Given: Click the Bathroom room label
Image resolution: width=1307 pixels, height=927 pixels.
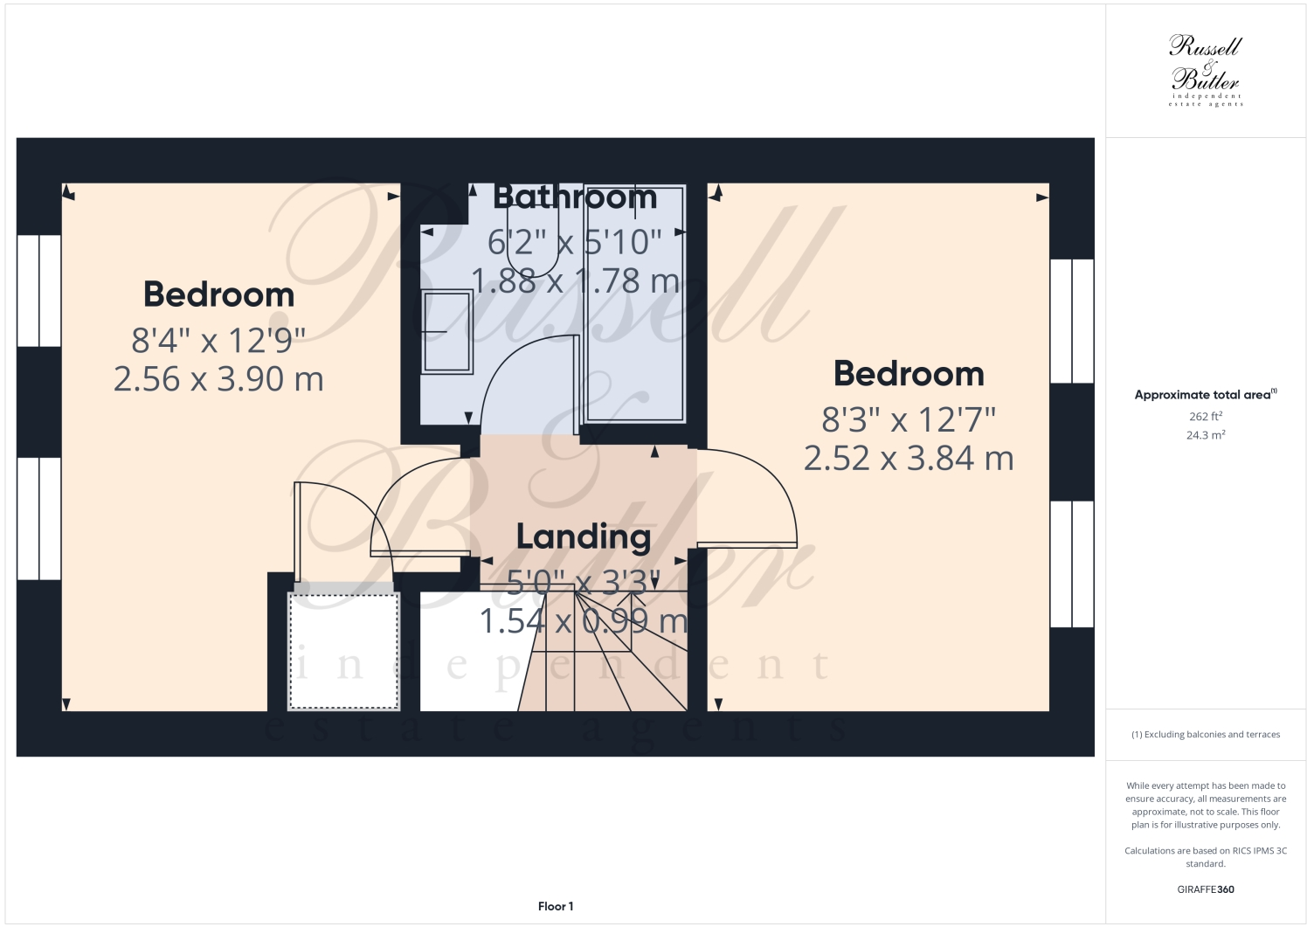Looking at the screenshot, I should pyautogui.click(x=575, y=197).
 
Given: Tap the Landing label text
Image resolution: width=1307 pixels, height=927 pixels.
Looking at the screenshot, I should pyautogui.click(x=583, y=536).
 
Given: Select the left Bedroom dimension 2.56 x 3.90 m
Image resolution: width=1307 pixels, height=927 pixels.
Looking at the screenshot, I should pyautogui.click(x=218, y=379).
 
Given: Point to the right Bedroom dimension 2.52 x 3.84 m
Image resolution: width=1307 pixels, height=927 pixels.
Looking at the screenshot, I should pyautogui.click(x=909, y=458).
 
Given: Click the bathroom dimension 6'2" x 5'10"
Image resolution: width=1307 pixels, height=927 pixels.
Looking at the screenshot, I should pyautogui.click(x=575, y=242).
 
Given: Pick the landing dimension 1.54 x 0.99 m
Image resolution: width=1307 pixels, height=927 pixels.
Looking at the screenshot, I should pyautogui.click(x=584, y=621).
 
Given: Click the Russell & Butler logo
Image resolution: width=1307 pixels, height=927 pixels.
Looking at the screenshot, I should pyautogui.click(x=1206, y=70).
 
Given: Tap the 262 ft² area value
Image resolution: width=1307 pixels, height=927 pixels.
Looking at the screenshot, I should pyautogui.click(x=1206, y=417).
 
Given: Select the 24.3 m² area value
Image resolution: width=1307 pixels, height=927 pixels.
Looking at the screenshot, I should pyautogui.click(x=1206, y=435).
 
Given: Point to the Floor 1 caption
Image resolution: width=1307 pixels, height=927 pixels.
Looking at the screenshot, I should pyautogui.click(x=556, y=906).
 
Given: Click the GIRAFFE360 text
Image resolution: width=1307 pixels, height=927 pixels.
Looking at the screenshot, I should pyautogui.click(x=1206, y=889).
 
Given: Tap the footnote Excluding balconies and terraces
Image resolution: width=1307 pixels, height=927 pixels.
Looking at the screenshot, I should pyautogui.click(x=1206, y=735).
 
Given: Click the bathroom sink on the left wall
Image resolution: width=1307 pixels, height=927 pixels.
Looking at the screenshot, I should pyautogui.click(x=446, y=331).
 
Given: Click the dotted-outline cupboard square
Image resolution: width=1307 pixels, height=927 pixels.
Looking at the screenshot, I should pyautogui.click(x=344, y=652).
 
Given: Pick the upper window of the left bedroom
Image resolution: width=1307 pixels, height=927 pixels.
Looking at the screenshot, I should pyautogui.click(x=39, y=291).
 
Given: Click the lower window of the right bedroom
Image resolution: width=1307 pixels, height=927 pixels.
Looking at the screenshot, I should pyautogui.click(x=1072, y=564).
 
